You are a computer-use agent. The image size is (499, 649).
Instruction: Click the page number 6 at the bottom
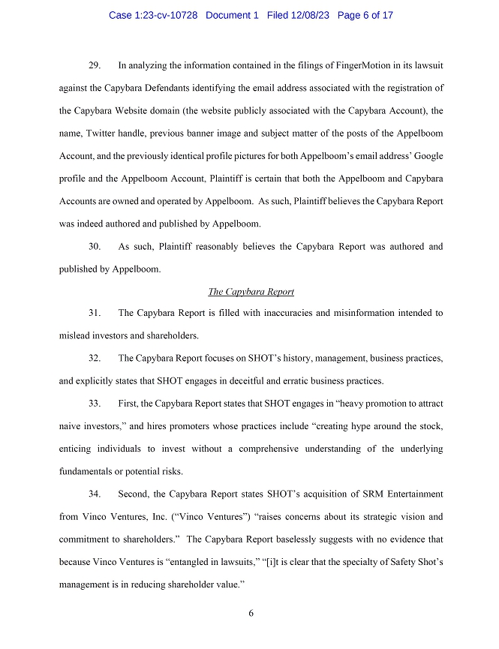click(251, 613)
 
